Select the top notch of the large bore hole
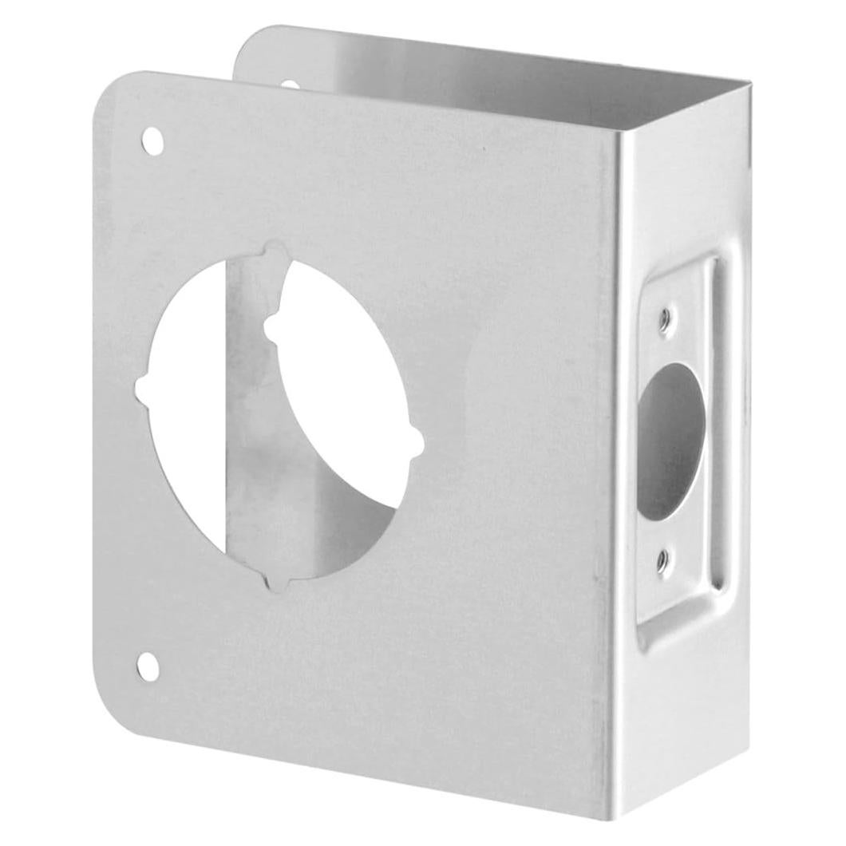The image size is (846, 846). [x=277, y=253]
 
